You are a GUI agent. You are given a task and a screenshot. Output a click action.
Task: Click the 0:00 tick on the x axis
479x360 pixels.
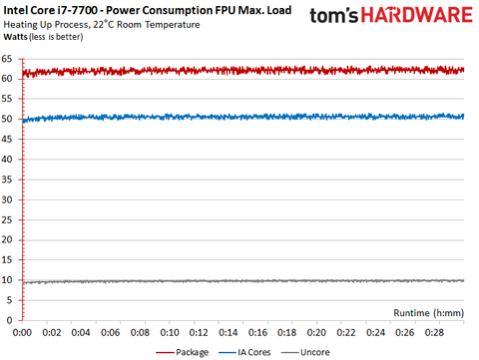click(23, 331)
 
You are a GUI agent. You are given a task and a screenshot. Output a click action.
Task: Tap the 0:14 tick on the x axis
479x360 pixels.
click(229, 331)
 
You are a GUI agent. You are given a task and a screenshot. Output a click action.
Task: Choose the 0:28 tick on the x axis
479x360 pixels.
click(434, 331)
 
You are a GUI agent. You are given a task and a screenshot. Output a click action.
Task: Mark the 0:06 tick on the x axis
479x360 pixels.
click(111, 331)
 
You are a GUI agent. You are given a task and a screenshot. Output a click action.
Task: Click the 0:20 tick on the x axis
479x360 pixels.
click(316, 331)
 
